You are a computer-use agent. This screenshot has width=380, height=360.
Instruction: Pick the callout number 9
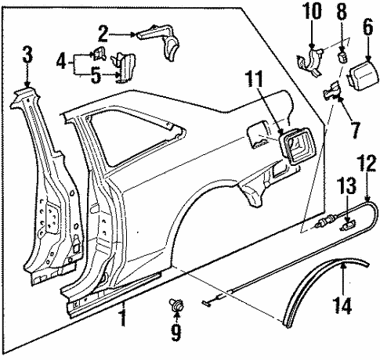click(175, 332)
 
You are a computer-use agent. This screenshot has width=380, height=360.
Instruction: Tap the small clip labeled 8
click(341, 57)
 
